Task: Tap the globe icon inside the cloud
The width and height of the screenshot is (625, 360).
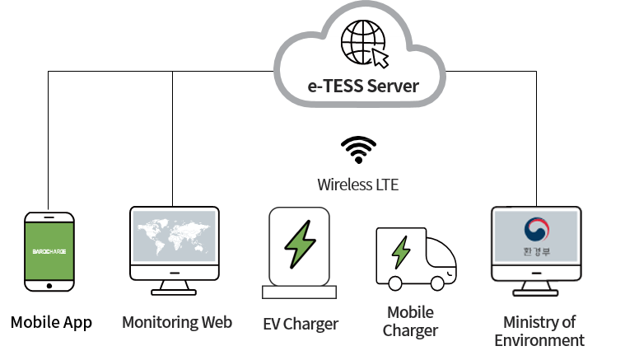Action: click(363, 41)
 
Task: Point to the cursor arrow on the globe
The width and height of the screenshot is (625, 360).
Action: click(380, 58)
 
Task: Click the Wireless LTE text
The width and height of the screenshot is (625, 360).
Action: click(358, 185)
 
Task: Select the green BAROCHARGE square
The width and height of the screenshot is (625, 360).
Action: click(49, 250)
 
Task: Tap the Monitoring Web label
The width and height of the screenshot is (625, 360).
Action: click(177, 321)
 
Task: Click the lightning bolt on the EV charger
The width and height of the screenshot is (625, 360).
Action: click(299, 245)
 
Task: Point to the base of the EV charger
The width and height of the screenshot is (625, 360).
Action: click(299, 292)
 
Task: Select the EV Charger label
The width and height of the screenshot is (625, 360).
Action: click(300, 324)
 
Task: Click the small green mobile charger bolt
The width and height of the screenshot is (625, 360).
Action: click(401, 252)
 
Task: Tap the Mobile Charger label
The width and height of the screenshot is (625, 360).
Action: click(410, 321)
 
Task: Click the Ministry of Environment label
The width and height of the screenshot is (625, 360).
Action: click(539, 330)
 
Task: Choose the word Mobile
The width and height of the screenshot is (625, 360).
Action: click(410, 312)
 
